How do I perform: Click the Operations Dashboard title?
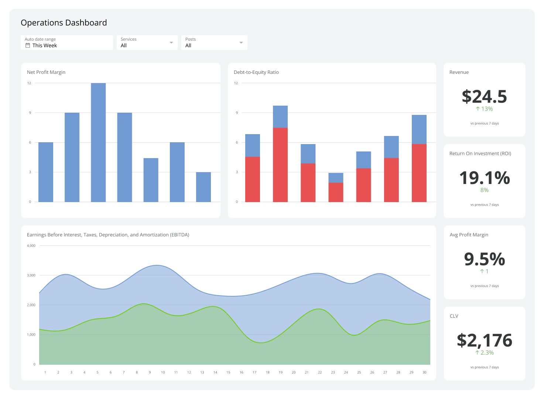tap(64, 23)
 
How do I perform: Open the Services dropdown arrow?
tap(171, 42)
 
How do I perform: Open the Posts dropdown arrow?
tap(241, 42)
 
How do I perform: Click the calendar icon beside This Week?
tap(28, 45)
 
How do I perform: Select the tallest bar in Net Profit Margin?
tap(98, 142)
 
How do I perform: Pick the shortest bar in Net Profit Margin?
tap(203, 187)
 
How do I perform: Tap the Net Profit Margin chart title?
tap(46, 72)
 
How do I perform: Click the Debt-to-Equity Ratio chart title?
tap(256, 72)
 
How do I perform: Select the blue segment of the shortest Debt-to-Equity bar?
tap(336, 178)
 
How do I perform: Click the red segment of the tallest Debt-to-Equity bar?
tap(280, 165)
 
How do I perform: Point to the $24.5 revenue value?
tap(484, 96)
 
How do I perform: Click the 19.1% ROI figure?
tap(484, 178)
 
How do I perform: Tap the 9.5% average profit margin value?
tap(484, 259)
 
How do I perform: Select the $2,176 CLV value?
tap(484, 340)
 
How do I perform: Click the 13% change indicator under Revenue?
tap(484, 109)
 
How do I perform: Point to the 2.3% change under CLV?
tap(484, 353)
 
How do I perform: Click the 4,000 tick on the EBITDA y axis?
tap(31, 246)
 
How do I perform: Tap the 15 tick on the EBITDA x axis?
tap(228, 372)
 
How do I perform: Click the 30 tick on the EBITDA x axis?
tap(424, 372)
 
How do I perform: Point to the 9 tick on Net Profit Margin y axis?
tap(30, 113)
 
